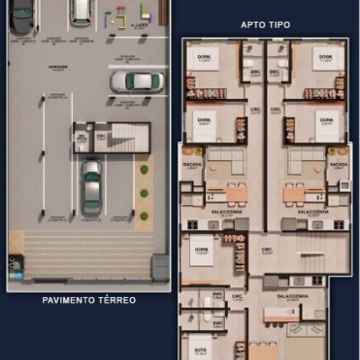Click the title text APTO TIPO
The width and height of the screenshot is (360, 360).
(x=265, y=24)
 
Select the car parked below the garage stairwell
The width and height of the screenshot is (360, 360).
(x=92, y=184)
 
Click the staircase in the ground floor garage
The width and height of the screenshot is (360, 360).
(x=125, y=137)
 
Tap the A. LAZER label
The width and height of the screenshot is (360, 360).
(x=139, y=26)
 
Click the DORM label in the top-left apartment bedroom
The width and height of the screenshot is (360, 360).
(x=204, y=58)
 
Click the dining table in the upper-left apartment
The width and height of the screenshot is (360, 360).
(x=235, y=193)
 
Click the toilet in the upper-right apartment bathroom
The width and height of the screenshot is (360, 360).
(x=282, y=62)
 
